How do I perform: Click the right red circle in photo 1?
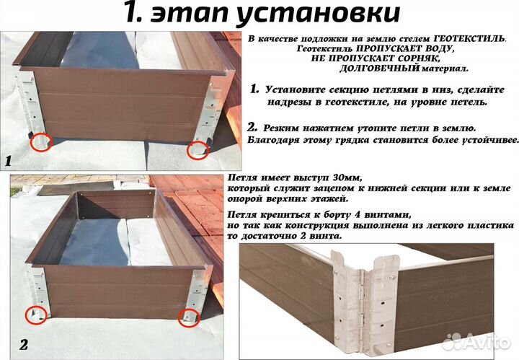click(198, 150)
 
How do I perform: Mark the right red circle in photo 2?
click(189, 316)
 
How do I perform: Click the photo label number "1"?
click(8, 161)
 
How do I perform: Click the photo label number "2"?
click(22, 345)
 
